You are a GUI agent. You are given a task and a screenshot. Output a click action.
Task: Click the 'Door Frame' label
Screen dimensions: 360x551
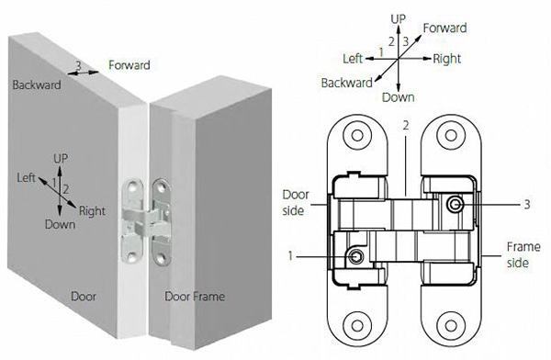point(194,297)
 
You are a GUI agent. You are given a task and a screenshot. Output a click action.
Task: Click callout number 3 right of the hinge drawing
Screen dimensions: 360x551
point(525,204)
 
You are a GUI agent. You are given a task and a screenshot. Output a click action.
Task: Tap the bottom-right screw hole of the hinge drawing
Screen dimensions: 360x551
point(450,322)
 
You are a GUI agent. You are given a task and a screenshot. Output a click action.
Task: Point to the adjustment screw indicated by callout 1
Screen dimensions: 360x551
point(354,253)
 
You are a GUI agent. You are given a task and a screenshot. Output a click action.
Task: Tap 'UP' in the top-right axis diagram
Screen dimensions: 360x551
point(398,18)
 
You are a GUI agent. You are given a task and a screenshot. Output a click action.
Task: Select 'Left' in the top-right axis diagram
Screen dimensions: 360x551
point(354,58)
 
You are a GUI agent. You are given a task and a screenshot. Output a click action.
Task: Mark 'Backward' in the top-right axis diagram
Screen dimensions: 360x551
point(346,84)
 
